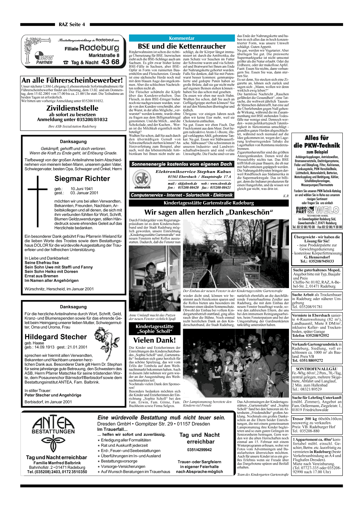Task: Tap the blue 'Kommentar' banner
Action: [182, 38]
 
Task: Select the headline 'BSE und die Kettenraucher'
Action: [182, 46]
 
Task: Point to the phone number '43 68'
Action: [110, 62]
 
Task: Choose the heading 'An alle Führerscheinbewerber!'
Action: [72, 80]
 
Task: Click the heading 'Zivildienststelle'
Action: [72, 108]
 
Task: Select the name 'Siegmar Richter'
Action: [82, 179]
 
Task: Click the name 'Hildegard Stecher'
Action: [56, 337]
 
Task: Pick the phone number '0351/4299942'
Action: [199, 450]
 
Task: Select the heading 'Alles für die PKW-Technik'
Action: [316, 141]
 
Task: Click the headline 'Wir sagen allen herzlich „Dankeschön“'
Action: [208, 212]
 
